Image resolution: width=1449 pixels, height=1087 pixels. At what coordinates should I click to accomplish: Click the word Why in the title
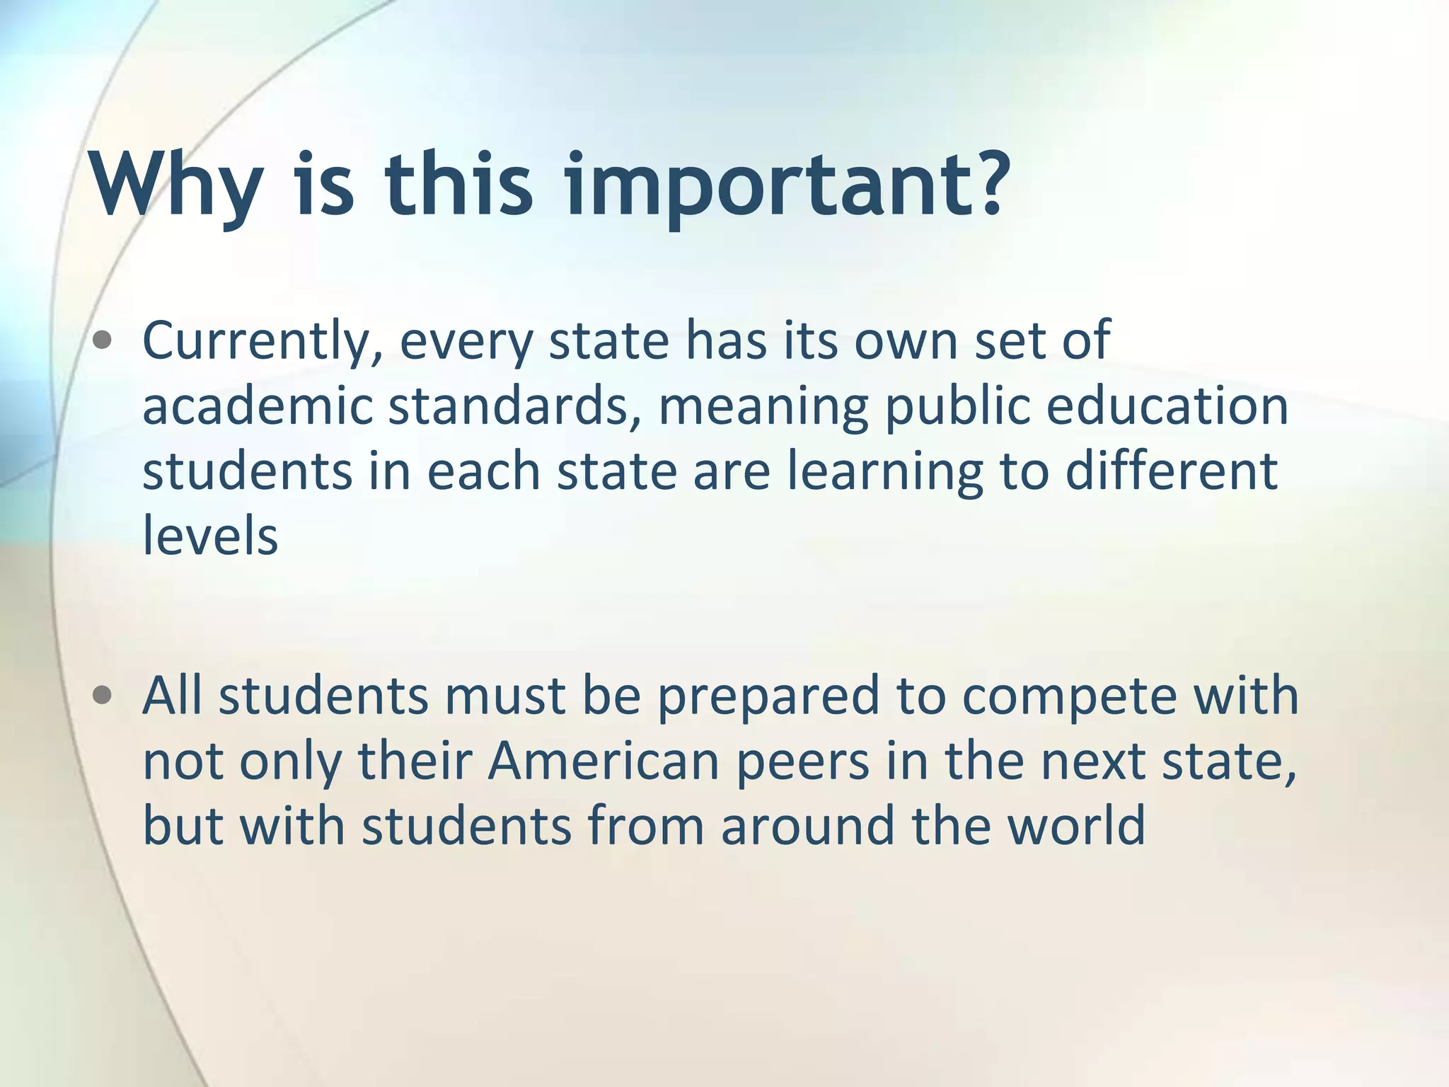174,185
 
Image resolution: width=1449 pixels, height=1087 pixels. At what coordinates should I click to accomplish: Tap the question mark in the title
979,182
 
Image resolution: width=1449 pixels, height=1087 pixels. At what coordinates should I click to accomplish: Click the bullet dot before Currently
103,342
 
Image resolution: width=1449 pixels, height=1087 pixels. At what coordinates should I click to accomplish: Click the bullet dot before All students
103,696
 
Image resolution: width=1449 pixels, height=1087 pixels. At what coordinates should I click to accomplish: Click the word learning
884,473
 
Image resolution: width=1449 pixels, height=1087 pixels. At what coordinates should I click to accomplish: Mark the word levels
210,536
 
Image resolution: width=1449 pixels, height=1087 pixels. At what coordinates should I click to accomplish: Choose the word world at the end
1075,825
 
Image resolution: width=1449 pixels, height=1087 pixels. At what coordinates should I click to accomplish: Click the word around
807,825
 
